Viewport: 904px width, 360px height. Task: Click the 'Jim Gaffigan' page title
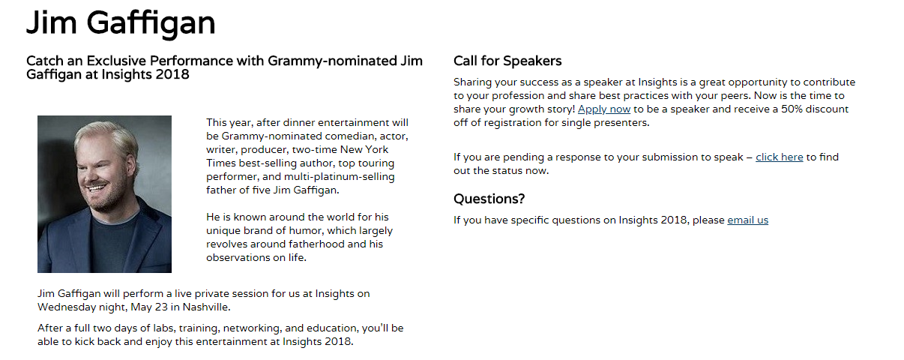(121, 23)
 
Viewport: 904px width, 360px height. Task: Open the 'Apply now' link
(603, 109)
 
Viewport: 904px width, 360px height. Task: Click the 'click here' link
(780, 157)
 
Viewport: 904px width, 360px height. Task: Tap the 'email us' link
(748, 220)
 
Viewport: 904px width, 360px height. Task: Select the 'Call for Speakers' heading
(507, 61)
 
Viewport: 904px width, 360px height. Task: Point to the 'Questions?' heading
(489, 199)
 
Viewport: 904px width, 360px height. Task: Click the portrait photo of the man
(104, 194)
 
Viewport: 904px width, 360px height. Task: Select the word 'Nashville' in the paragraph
(206, 307)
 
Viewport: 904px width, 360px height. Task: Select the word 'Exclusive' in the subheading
(116, 61)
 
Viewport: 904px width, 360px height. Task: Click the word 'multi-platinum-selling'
(340, 177)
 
